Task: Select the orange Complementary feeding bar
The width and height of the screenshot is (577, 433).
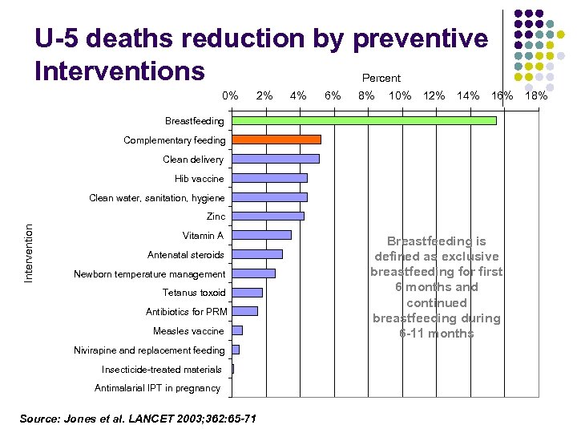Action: [276, 140]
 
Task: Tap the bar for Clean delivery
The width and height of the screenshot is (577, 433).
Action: [275, 159]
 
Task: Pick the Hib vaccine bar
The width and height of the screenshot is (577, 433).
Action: [269, 178]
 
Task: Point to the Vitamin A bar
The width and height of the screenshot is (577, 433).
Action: [261, 235]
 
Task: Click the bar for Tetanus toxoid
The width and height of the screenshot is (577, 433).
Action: [247, 293]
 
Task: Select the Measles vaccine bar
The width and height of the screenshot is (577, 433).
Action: [237, 330]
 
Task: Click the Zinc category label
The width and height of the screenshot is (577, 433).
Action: [216, 216]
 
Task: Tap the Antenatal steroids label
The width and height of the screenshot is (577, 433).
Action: [186, 255]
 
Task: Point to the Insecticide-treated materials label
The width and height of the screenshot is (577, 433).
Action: [162, 370]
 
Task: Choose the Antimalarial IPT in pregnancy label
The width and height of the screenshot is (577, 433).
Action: [157, 388]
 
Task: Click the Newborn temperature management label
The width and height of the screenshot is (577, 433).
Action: [150, 274]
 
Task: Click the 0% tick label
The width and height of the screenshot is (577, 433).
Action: [231, 96]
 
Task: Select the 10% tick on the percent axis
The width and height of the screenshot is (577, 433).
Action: [400, 96]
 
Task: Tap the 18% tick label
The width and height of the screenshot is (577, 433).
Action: [536, 96]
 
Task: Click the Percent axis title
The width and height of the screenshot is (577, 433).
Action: [381, 78]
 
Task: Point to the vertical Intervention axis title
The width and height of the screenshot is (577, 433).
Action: [29, 253]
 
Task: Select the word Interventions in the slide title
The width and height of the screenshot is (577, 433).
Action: [119, 71]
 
